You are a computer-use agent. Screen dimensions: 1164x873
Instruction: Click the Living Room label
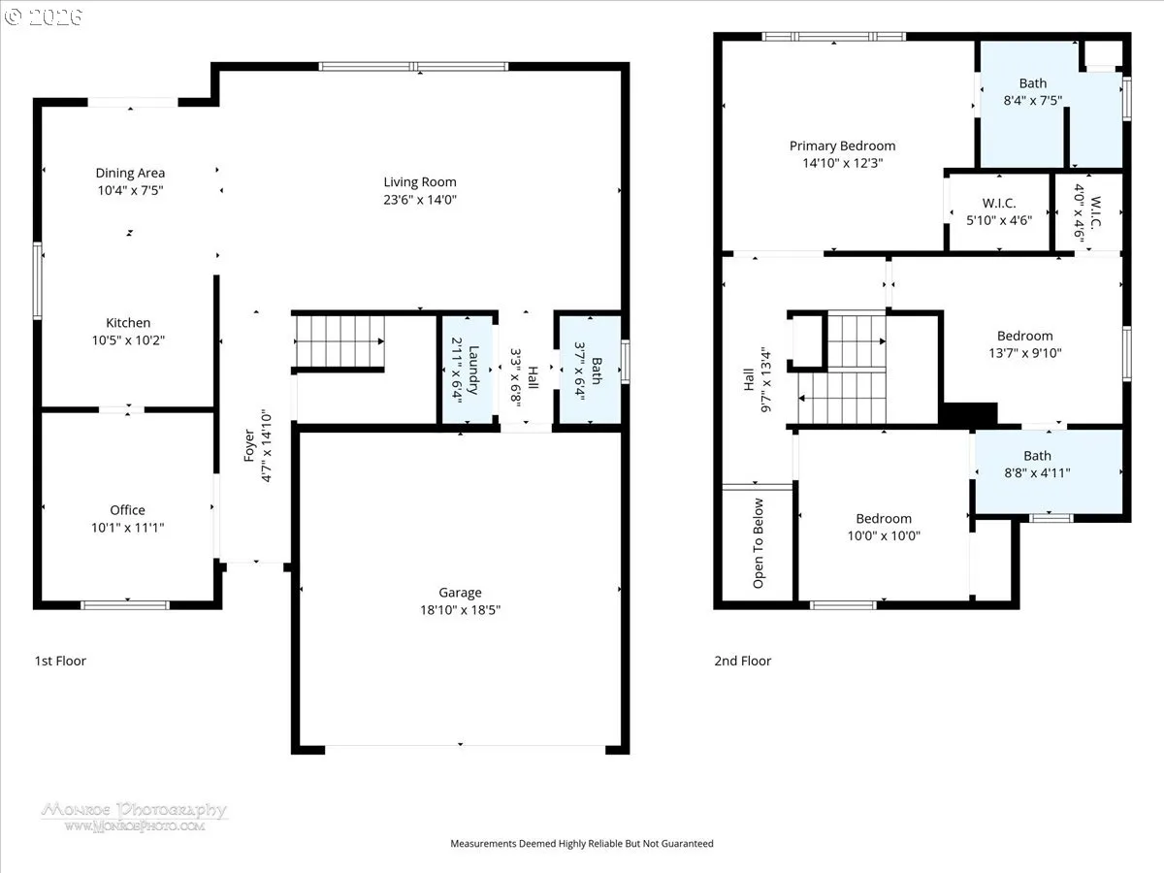coord(419,181)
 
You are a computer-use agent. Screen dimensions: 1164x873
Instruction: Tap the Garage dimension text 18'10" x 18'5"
coord(461,609)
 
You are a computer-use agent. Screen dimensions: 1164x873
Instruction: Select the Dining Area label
coord(130,173)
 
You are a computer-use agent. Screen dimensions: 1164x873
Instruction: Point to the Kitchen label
coord(128,323)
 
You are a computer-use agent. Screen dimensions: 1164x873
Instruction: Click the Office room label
coord(127,510)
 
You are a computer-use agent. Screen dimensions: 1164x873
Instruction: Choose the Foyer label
coord(248,445)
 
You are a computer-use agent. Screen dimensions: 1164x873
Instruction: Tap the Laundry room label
coord(473,370)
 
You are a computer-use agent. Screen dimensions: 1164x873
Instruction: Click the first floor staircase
coord(339,341)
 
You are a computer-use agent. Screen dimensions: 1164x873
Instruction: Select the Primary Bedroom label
coord(842,145)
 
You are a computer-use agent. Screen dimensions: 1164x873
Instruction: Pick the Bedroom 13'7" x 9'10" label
coord(1024,336)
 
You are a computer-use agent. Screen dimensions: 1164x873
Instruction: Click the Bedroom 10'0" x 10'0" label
coord(884,518)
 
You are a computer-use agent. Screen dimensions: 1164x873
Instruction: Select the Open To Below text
coord(759,543)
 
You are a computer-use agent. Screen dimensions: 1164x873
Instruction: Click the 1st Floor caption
coord(60,661)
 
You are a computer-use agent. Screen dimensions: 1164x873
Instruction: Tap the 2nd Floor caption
coord(742,661)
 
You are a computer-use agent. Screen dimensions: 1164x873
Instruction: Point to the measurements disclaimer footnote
coord(582,843)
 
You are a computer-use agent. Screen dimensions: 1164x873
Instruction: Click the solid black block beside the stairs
coord(969,413)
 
